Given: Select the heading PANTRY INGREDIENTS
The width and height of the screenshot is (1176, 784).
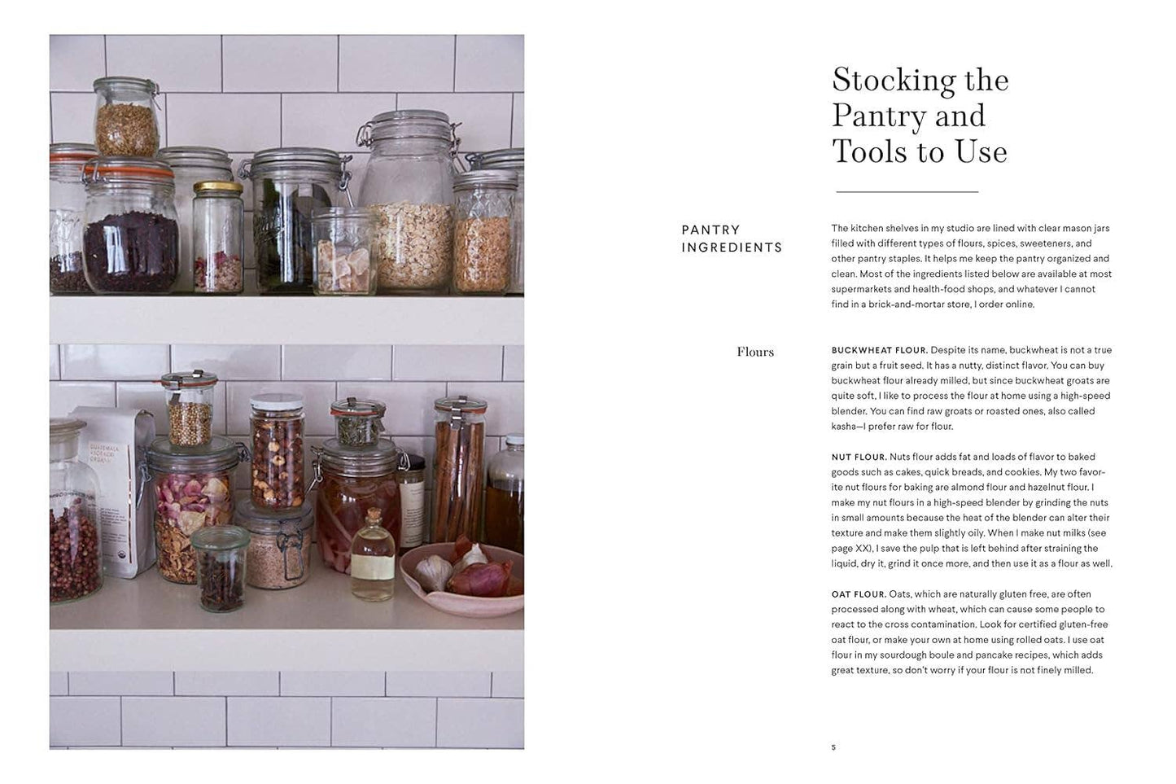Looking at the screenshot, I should (731, 239).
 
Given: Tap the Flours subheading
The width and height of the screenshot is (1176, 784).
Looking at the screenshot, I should (755, 352).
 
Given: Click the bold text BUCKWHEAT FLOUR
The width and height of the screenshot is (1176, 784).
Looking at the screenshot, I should (879, 350).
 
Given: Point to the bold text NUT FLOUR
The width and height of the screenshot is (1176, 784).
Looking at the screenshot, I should (859, 457).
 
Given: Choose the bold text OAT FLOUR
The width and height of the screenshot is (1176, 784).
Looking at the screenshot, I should (859, 594).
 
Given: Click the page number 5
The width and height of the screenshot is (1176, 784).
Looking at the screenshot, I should (833, 747).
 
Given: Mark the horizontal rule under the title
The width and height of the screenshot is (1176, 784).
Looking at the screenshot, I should (907, 192).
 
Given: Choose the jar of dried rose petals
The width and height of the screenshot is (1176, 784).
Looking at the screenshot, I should (194, 513).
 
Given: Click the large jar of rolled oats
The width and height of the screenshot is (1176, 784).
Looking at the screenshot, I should (407, 212).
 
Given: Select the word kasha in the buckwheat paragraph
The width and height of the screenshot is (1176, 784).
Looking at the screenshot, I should (846, 427).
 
